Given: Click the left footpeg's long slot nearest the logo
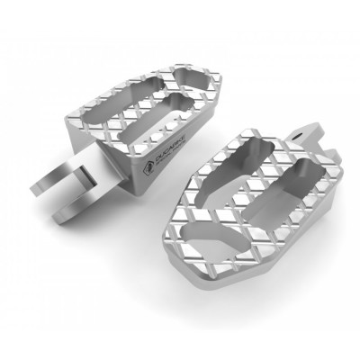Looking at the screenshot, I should click(170, 114).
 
